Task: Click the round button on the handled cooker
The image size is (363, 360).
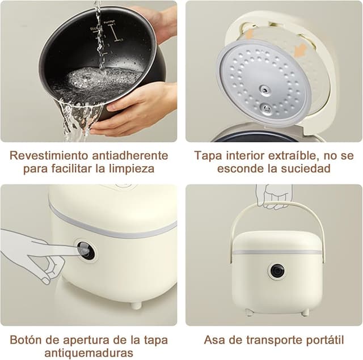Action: (277, 271)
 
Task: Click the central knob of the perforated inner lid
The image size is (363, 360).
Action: (264, 90)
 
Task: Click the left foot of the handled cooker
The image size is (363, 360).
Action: (249, 312)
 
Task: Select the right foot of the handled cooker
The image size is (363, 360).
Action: (305, 312)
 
